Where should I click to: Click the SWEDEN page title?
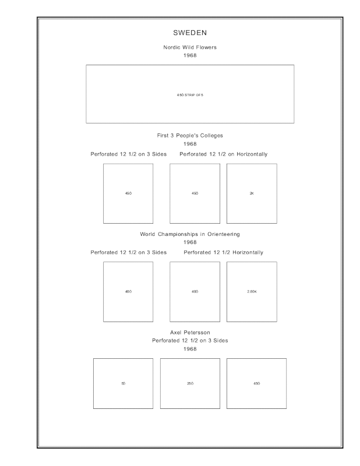(x=190, y=33)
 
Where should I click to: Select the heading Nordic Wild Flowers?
(x=190, y=47)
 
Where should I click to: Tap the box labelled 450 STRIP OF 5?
(x=190, y=94)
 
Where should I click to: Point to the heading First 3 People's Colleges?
(x=190, y=135)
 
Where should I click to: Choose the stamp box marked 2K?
(x=252, y=193)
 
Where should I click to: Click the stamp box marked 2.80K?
(x=252, y=291)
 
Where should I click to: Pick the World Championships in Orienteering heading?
(x=190, y=234)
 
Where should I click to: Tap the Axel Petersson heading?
(x=190, y=332)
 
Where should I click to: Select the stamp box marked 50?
(x=123, y=383)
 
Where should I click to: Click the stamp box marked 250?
(x=190, y=383)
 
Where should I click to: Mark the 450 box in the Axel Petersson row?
(x=256, y=383)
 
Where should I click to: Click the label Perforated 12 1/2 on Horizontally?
(x=224, y=154)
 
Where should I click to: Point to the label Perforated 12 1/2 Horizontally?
(x=224, y=253)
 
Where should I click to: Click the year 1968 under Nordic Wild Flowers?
(x=190, y=56)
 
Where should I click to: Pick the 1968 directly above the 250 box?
(x=190, y=349)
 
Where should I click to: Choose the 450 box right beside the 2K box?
(x=195, y=193)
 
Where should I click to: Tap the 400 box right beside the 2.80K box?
(x=195, y=291)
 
